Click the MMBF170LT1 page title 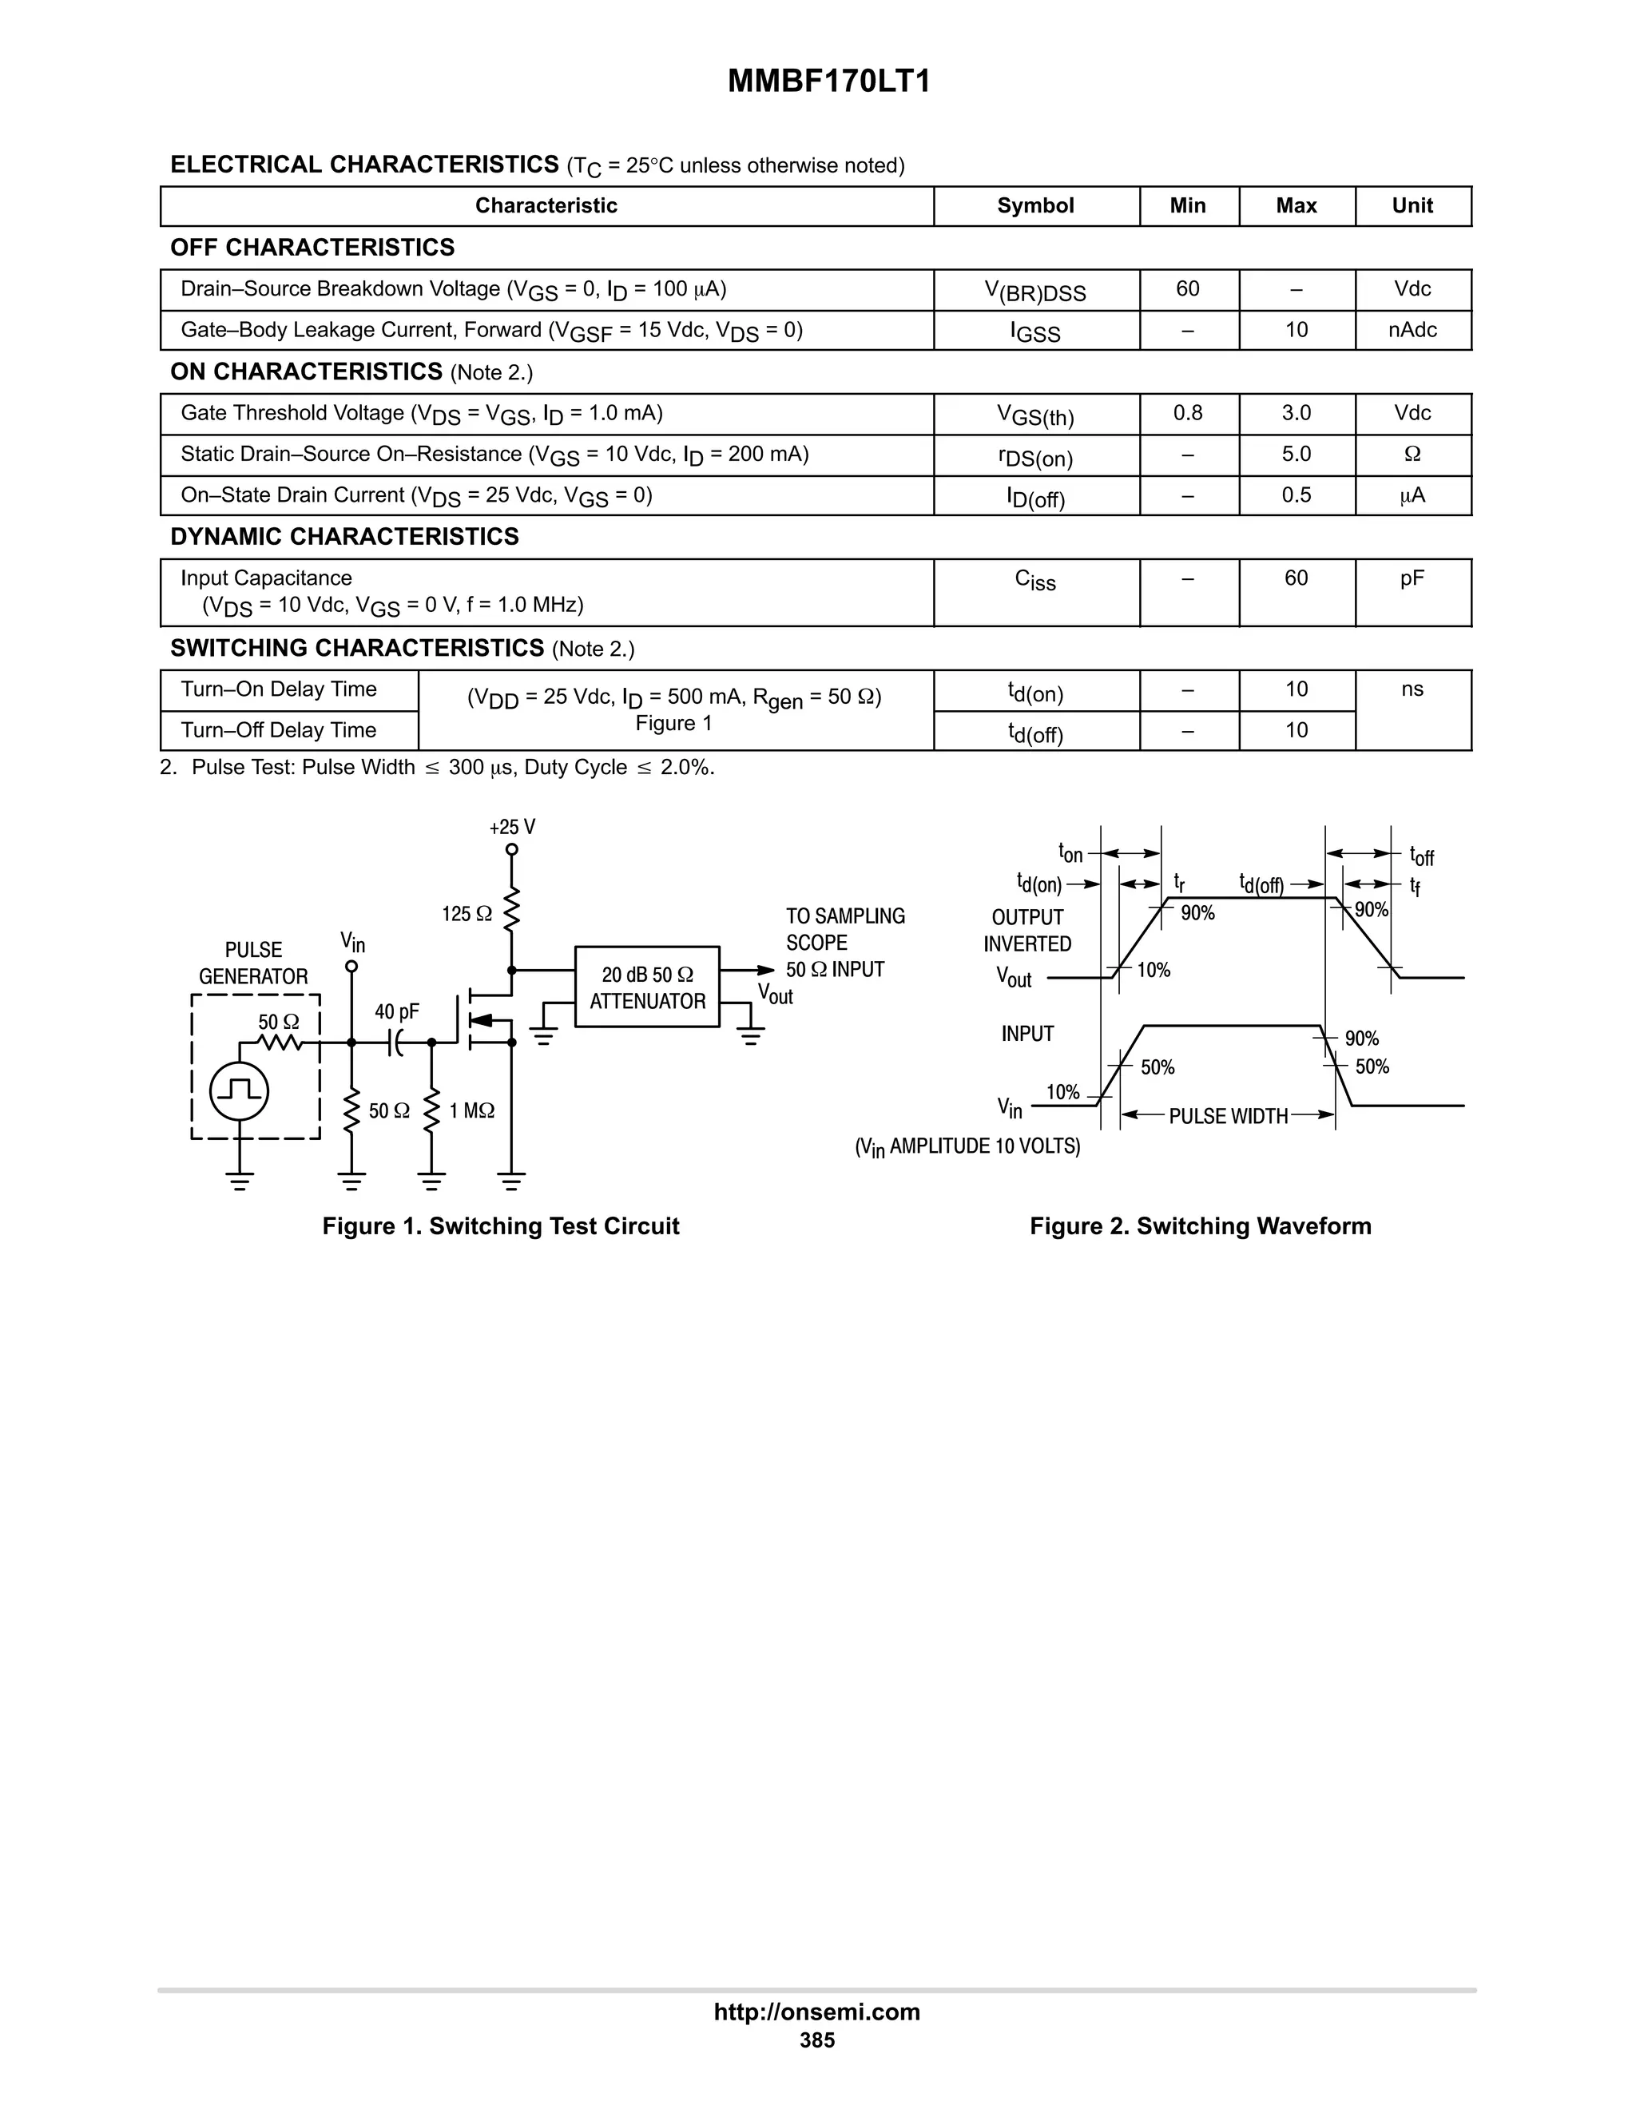coord(828,81)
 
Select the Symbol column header coord(1035,205)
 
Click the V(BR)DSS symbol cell coord(1035,291)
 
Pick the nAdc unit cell coord(1412,331)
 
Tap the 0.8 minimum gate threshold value coord(1187,413)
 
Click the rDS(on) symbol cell coord(1035,455)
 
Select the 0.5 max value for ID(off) coord(1296,495)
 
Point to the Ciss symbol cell coord(1035,580)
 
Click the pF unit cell coord(1412,578)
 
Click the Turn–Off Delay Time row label coord(279,730)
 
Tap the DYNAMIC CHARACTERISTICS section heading coord(344,537)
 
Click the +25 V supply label coord(512,827)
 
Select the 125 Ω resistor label coord(467,914)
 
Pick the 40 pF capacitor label coord(396,1012)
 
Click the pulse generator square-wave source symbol coord(240,1091)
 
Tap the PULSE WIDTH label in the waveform coord(1228,1117)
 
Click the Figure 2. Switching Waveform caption coord(1200,1226)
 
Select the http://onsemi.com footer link coord(816,2012)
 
